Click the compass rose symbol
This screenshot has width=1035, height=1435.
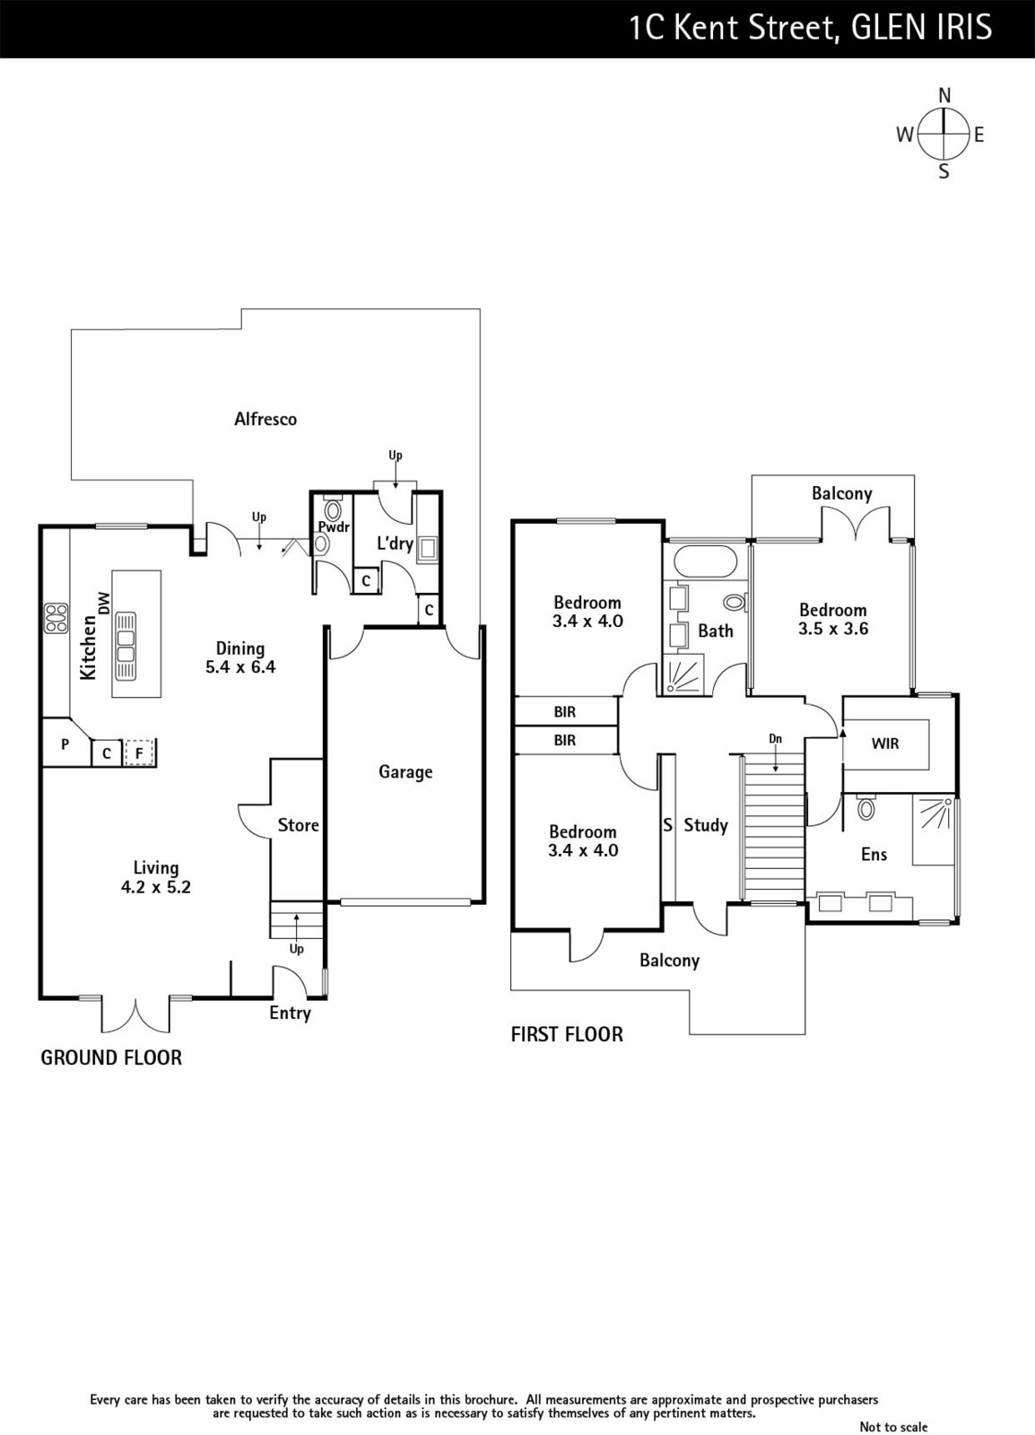pyautogui.click(x=944, y=134)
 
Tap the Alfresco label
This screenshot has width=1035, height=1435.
pyautogui.click(x=265, y=419)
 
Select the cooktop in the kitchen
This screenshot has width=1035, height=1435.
pyautogui.click(x=56, y=618)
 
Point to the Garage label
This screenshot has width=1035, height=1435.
pyautogui.click(x=405, y=772)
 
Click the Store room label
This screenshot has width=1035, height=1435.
pyautogui.click(x=299, y=824)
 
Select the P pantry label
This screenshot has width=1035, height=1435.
pyautogui.click(x=65, y=744)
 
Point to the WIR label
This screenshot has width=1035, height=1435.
pyautogui.click(x=885, y=744)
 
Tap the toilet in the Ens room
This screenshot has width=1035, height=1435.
pyautogui.click(x=865, y=807)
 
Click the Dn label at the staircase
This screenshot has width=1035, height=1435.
pyautogui.click(x=776, y=739)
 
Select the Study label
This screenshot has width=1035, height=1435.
pyautogui.click(x=706, y=825)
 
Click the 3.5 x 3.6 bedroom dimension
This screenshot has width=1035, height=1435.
pyautogui.click(x=833, y=629)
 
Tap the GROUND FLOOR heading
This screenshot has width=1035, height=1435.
pyautogui.click(x=111, y=1057)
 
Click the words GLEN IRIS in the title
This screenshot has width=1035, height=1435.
pyautogui.click(x=918, y=28)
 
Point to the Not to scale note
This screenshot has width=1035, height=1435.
pyautogui.click(x=893, y=1427)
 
